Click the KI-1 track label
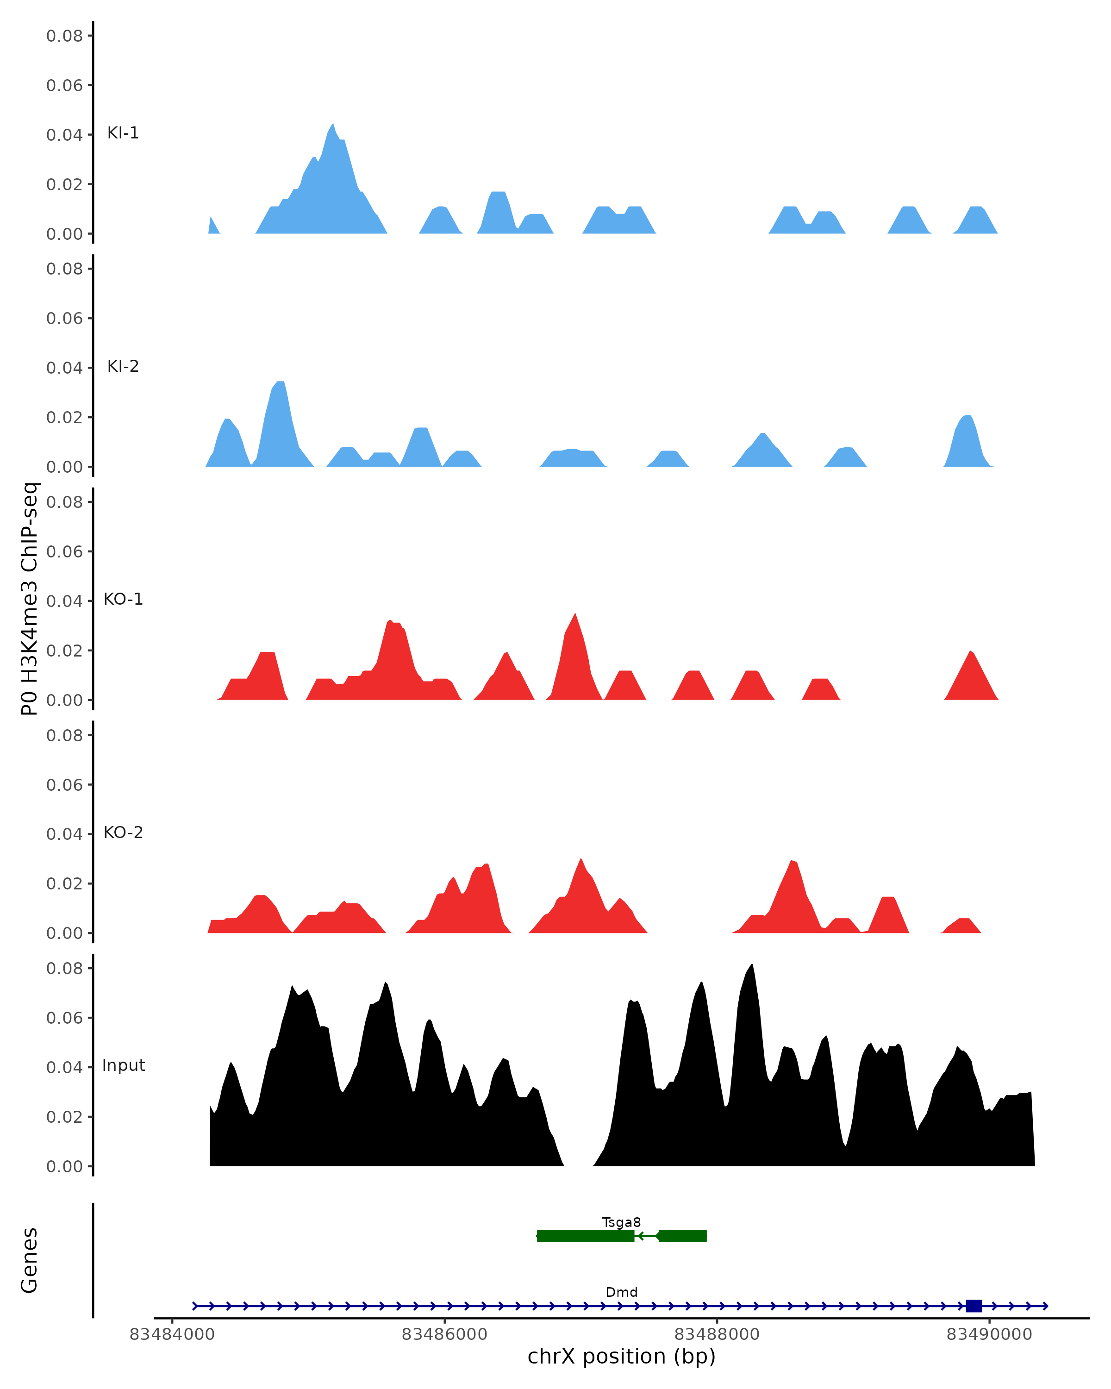tap(123, 133)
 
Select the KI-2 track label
tap(123, 367)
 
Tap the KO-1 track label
tap(123, 599)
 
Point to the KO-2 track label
tap(123, 832)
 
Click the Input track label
tap(124, 1065)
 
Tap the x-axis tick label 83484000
tap(172, 1334)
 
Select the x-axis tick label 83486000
tap(444, 1334)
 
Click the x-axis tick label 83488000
tap(717, 1334)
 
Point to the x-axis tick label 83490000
tap(989, 1334)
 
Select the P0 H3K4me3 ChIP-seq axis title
tap(30, 599)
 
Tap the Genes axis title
tap(30, 1260)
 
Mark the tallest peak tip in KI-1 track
tap(332, 125)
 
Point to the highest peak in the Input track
tap(752, 964)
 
